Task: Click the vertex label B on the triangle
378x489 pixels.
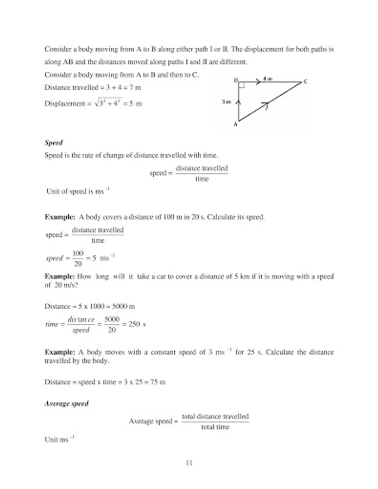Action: pos(236,80)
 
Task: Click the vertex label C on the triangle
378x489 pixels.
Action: pos(305,82)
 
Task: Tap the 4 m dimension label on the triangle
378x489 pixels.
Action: pos(267,79)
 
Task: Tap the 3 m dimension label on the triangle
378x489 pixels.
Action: pos(226,102)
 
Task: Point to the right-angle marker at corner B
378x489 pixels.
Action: pos(242,85)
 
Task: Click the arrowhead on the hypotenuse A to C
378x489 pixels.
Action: pos(266,104)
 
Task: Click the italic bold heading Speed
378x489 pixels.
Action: pos(54,143)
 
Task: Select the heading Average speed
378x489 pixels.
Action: pos(66,404)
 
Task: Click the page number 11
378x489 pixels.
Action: pos(189,463)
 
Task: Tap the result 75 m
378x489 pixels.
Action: pos(157,382)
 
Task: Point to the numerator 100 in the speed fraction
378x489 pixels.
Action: pos(78,254)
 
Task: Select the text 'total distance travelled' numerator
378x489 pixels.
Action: pos(215,417)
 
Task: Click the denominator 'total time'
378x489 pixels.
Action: pos(215,427)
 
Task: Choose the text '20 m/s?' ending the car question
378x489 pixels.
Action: pos(56,284)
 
